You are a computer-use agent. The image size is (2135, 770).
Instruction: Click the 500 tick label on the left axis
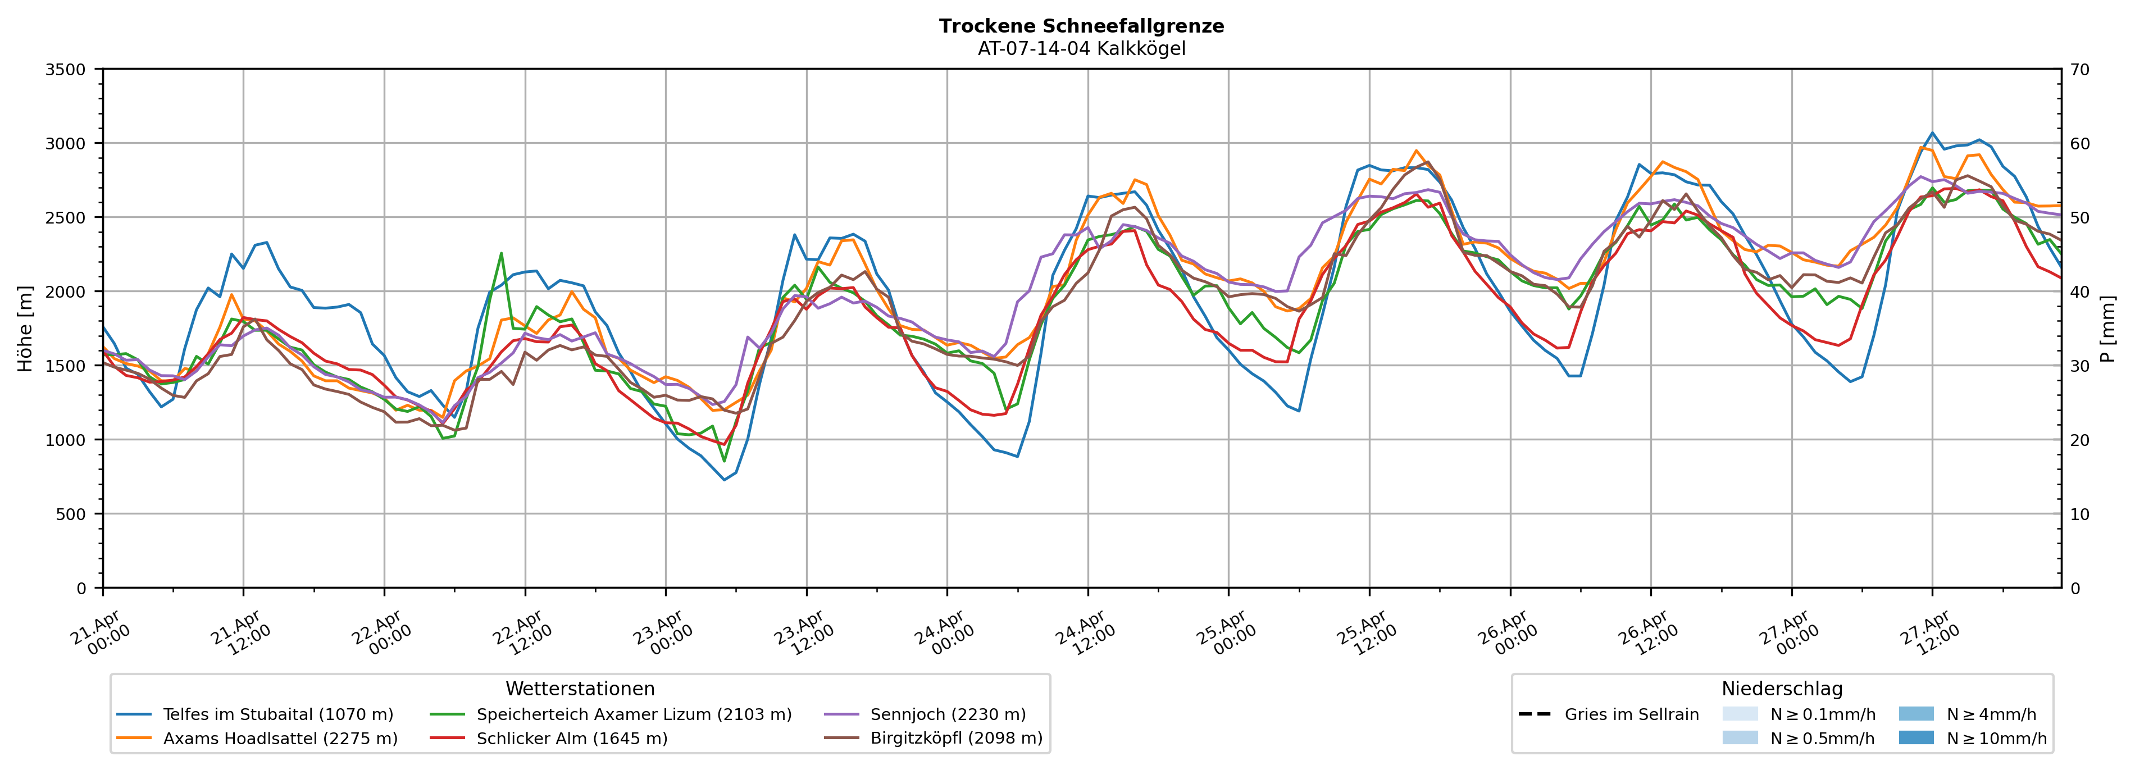(70, 514)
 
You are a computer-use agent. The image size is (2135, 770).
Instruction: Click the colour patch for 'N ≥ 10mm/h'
(1915, 737)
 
